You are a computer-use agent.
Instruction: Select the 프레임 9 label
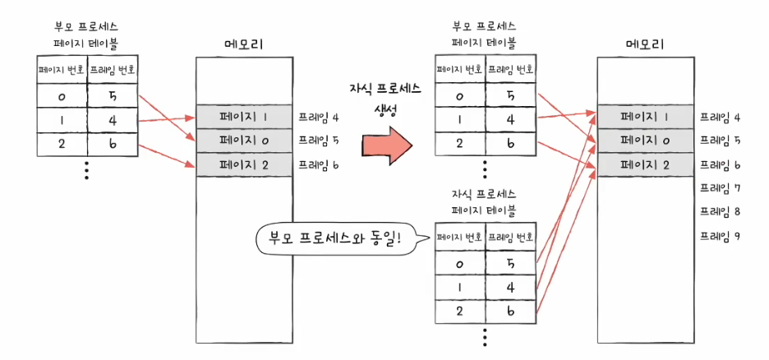(720, 236)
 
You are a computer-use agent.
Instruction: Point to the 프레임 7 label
(720, 187)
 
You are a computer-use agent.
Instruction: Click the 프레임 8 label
(720, 211)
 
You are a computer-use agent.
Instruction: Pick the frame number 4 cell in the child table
(510, 288)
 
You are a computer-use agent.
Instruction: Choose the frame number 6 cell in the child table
(510, 312)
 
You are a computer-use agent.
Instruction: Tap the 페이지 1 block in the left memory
(245, 116)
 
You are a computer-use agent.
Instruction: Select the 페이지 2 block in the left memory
(245, 164)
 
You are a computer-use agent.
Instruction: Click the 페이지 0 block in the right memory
(644, 141)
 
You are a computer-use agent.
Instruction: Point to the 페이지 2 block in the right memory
(644, 164)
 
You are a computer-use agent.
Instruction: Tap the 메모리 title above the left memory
(245, 44)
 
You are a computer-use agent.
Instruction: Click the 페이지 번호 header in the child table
(459, 239)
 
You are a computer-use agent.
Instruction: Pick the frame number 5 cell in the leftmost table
(112, 96)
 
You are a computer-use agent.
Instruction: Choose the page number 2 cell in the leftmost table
(62, 144)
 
